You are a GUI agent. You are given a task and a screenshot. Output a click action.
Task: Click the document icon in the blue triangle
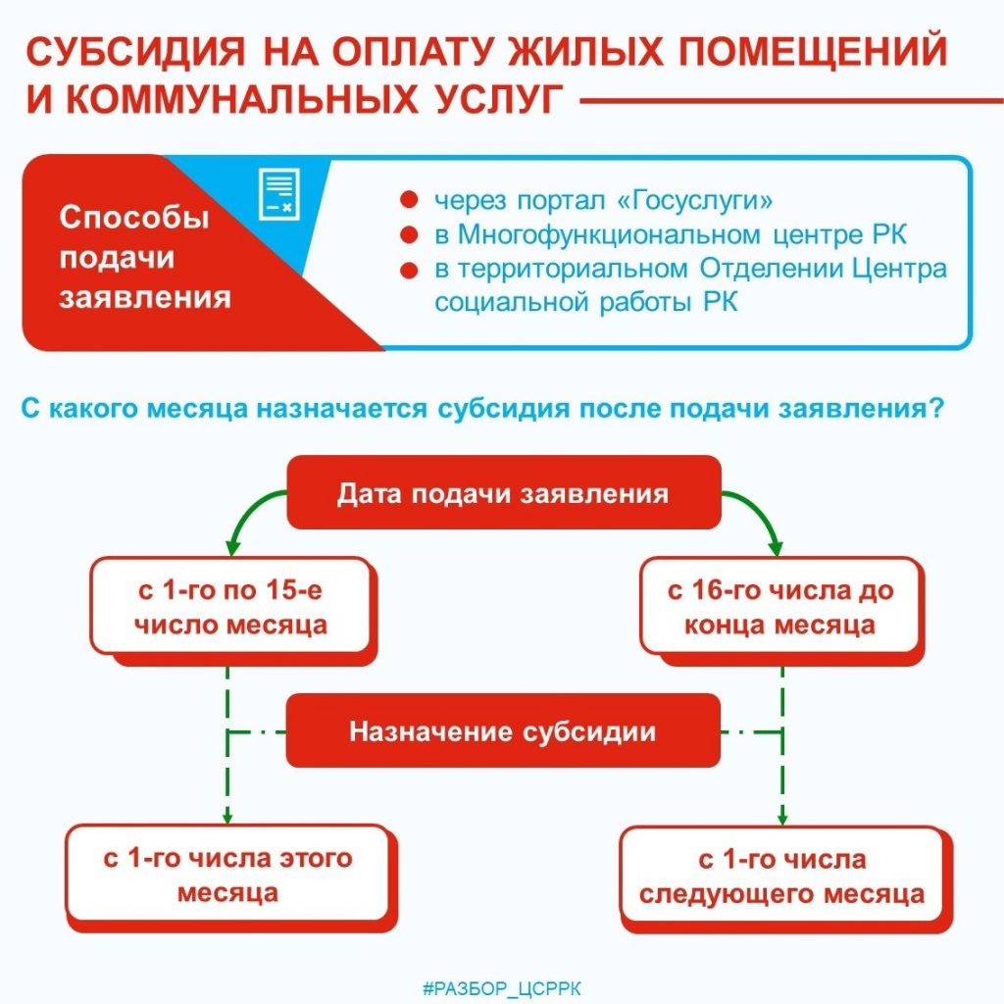(277, 193)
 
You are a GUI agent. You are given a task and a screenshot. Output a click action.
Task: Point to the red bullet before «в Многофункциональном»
(410, 235)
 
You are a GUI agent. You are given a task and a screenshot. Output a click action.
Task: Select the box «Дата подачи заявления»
(502, 493)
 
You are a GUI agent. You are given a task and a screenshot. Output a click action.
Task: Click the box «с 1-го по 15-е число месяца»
(230, 608)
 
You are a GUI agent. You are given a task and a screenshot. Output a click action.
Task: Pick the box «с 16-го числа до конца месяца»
(780, 608)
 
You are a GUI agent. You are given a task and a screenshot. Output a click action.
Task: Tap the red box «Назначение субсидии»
(502, 732)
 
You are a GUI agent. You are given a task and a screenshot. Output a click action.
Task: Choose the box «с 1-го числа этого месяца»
(228, 876)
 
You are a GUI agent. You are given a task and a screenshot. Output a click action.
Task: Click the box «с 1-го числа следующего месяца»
(781, 878)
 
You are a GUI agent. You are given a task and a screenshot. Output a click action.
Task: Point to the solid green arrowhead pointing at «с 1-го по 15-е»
(231, 546)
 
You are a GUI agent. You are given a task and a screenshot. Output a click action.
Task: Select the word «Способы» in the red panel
(134, 217)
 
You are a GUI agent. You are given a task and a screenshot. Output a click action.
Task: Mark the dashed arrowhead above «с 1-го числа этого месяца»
(227, 816)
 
